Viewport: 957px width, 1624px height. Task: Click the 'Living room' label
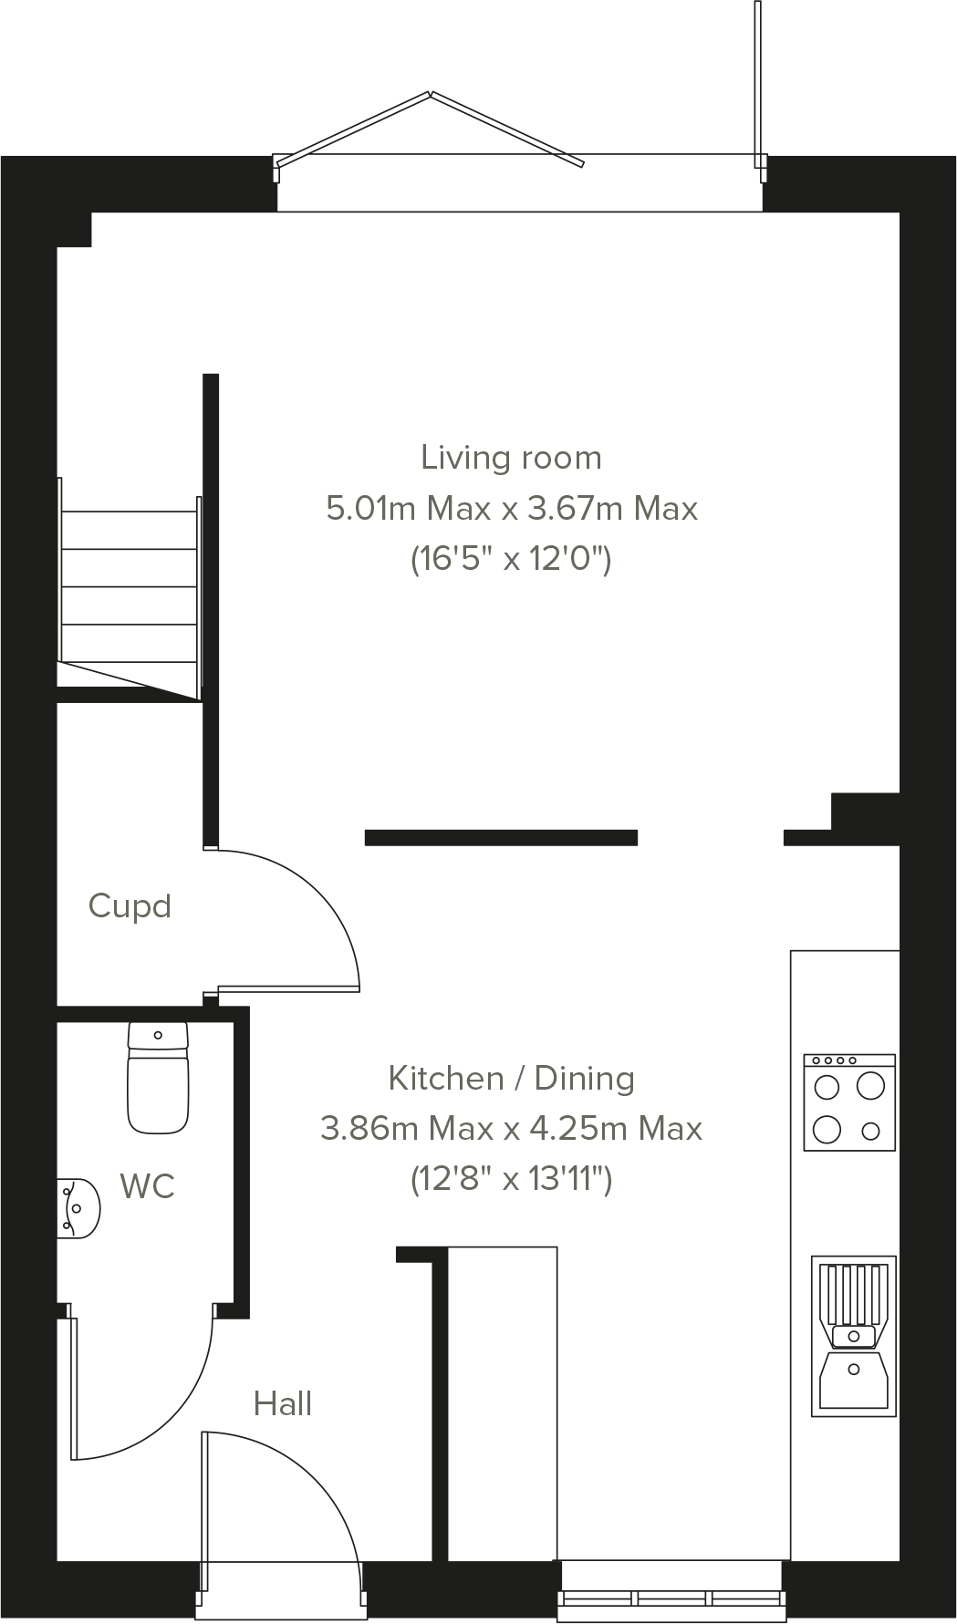click(x=511, y=458)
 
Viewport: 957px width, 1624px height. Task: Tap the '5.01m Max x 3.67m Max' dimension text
click(x=511, y=508)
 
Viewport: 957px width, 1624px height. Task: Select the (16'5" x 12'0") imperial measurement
click(x=511, y=558)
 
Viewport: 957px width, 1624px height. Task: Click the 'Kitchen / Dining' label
click(x=511, y=1079)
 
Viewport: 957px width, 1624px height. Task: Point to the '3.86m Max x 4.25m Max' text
click(x=511, y=1129)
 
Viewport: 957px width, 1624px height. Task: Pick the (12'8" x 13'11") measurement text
click(x=511, y=1180)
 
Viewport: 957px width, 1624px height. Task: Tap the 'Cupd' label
click(x=130, y=906)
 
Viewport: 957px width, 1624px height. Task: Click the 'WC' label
click(x=147, y=1186)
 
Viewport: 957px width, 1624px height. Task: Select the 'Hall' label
click(x=283, y=1404)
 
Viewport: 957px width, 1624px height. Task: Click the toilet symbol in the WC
click(x=158, y=1078)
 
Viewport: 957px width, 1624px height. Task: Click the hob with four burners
click(x=849, y=1102)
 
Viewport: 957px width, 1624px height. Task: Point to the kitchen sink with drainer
click(x=853, y=1336)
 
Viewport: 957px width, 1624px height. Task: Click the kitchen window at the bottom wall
click(x=671, y=1598)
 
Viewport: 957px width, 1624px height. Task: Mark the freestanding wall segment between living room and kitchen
click(x=501, y=838)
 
